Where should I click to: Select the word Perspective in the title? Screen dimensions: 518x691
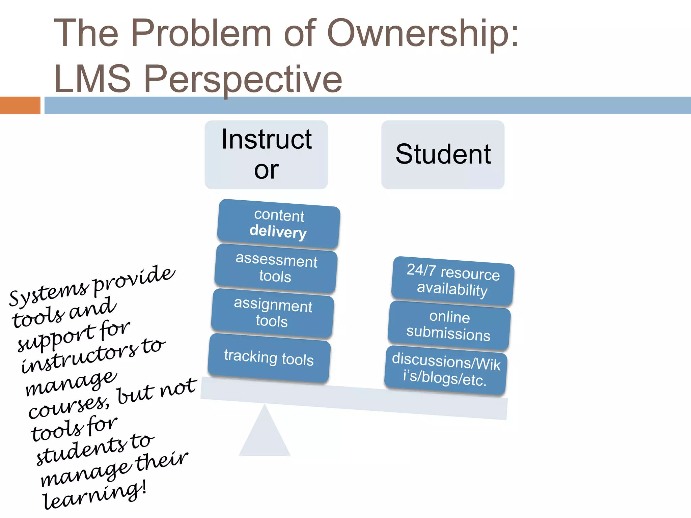[x=243, y=80]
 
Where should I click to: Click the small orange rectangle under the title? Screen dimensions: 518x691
[x=20, y=105]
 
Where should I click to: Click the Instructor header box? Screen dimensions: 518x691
[x=266, y=154]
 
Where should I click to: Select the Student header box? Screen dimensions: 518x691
[x=443, y=154]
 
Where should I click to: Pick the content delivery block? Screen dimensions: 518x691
[x=279, y=224]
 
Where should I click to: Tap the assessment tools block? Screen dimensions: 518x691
[x=276, y=268]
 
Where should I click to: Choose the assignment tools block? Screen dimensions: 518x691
[x=273, y=313]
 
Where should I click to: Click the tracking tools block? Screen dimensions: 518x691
[x=269, y=358]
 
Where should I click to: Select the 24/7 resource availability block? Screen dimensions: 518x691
[x=452, y=281]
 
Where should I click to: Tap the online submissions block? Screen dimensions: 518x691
[x=449, y=325]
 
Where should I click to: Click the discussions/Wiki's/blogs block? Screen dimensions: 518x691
[x=445, y=370]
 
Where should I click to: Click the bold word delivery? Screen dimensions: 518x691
[x=278, y=232]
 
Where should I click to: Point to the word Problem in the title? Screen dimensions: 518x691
[x=201, y=33]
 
